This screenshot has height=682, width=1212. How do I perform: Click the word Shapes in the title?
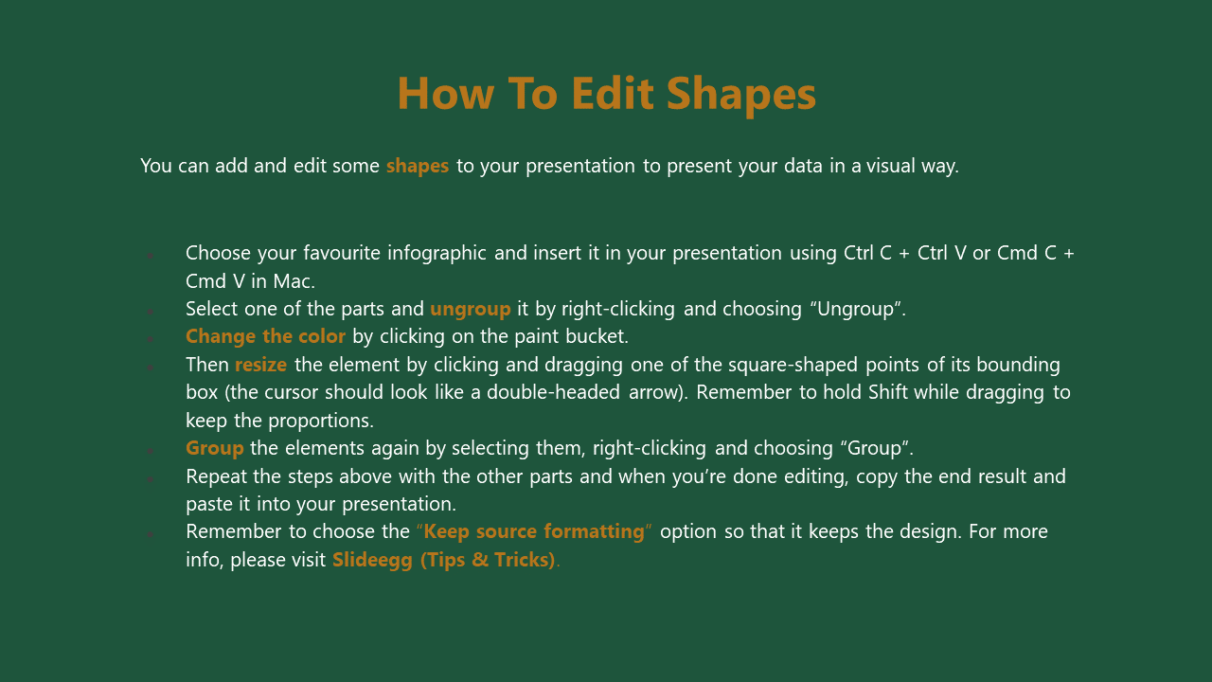[740, 94]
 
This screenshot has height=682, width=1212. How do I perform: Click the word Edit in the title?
[613, 93]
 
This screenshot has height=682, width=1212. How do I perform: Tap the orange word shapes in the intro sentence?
[418, 166]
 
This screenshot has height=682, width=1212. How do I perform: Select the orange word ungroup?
[471, 310]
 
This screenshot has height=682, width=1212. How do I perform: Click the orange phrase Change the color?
[265, 336]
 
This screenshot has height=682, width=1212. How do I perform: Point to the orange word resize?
[260, 365]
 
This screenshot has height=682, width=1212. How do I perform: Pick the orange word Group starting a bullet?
[214, 449]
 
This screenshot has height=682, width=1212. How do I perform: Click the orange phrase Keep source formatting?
[534, 531]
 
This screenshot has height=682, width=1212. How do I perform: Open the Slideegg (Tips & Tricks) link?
[444, 560]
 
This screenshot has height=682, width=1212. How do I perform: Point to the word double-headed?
[553, 392]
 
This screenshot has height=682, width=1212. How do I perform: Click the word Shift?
[888, 392]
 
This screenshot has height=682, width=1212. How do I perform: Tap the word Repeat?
[217, 476]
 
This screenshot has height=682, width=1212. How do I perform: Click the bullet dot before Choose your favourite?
[151, 255]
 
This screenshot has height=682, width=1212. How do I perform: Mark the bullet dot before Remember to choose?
[151, 533]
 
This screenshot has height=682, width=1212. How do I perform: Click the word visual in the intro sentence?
[891, 166]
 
